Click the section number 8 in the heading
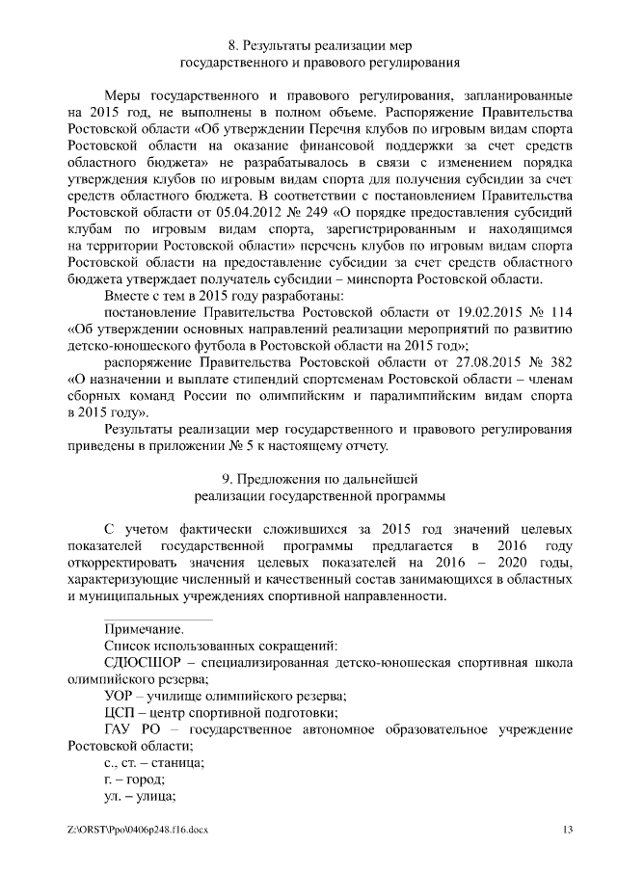pos(231,45)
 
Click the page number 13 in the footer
pos(568,831)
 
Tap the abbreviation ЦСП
pos(121,713)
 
